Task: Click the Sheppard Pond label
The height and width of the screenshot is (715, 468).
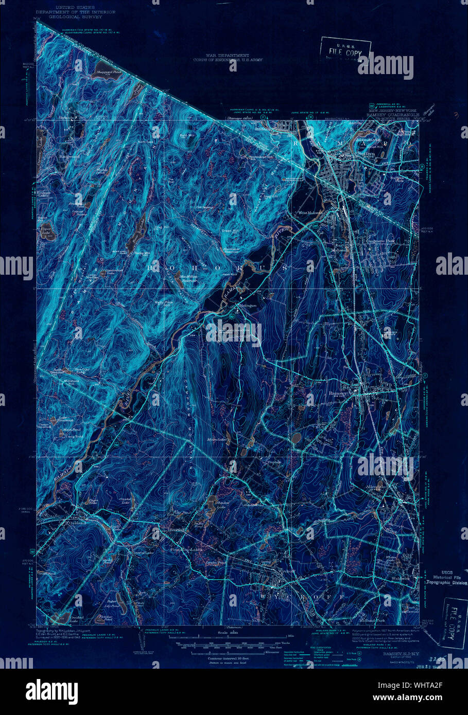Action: click(x=105, y=73)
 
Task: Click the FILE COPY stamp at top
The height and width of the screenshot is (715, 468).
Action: click(x=345, y=50)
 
